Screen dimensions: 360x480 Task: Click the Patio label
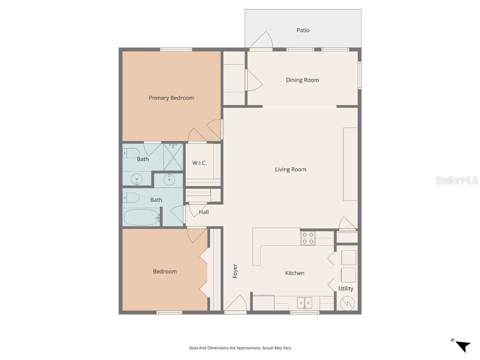click(303, 30)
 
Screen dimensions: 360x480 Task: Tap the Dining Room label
click(302, 80)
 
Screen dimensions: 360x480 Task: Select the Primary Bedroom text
click(171, 98)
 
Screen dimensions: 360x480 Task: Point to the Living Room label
click(290, 169)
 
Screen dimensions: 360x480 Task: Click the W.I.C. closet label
click(199, 163)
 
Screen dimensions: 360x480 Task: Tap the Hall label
click(204, 212)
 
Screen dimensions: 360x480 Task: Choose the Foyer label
click(235, 271)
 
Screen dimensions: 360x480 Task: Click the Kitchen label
click(295, 273)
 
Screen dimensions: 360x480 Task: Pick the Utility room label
click(346, 289)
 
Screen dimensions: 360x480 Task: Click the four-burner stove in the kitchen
click(308, 238)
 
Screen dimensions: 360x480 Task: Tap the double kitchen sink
click(305, 303)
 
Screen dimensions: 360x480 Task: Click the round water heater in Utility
click(347, 304)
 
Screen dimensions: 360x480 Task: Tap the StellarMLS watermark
click(457, 180)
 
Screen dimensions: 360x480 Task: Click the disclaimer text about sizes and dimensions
click(240, 348)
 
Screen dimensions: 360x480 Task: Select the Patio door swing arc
click(262, 40)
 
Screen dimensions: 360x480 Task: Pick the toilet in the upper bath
click(131, 152)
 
